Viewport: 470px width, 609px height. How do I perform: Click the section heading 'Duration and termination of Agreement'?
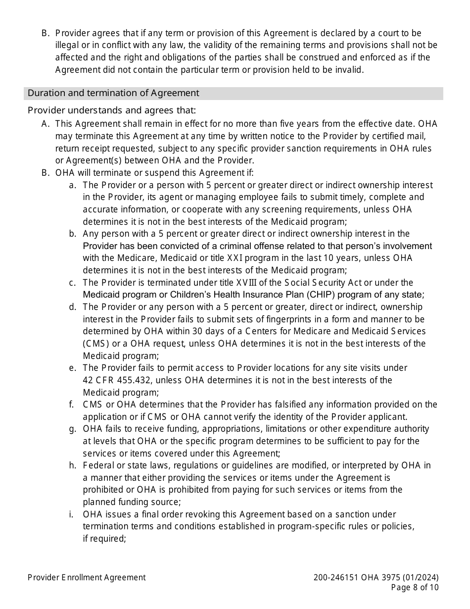pos(113,93)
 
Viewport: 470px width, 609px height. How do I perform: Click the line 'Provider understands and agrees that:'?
pos(112,110)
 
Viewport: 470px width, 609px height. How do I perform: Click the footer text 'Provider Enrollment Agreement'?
pos(87,577)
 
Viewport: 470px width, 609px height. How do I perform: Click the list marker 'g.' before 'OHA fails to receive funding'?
pos(73,429)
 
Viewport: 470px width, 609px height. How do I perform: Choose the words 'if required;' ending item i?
pos(104,538)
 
